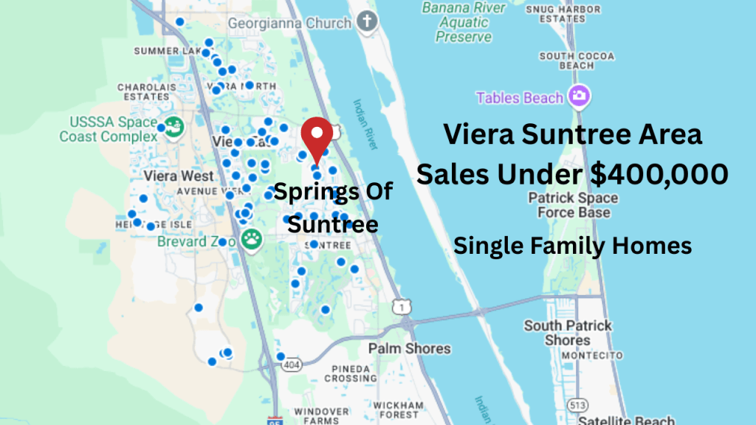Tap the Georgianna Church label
point(289,23)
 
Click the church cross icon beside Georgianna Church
point(366,22)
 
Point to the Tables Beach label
point(520,97)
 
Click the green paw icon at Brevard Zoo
point(251,241)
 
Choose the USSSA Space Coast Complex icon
point(174,127)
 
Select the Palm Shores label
point(409,348)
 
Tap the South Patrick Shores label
point(568,333)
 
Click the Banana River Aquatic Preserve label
point(464,23)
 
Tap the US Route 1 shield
point(399,305)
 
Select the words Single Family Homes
point(572,245)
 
